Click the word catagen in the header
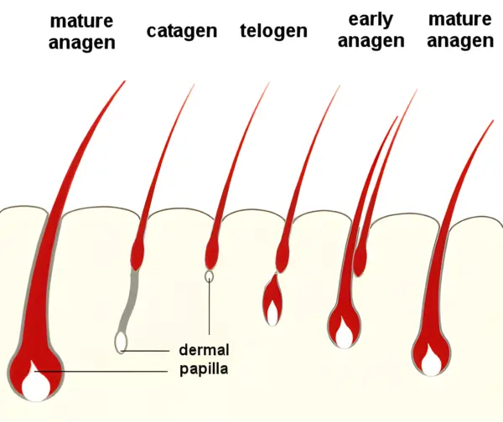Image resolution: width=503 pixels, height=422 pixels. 181,32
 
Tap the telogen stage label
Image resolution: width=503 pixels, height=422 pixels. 273,32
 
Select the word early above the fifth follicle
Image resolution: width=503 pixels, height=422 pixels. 371,19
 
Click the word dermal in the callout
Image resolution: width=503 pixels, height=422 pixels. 204,350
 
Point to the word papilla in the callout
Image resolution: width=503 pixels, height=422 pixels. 205,368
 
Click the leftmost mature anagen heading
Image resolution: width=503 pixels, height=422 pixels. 82,30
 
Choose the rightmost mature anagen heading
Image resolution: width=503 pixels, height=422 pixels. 460,30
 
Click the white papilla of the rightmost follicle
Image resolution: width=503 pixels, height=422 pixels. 431,364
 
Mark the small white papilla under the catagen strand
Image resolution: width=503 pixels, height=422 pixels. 122,341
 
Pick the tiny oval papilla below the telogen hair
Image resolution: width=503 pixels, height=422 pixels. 209,275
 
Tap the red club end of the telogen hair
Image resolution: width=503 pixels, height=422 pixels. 211,251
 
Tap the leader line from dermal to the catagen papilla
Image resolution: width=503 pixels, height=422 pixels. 151,350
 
